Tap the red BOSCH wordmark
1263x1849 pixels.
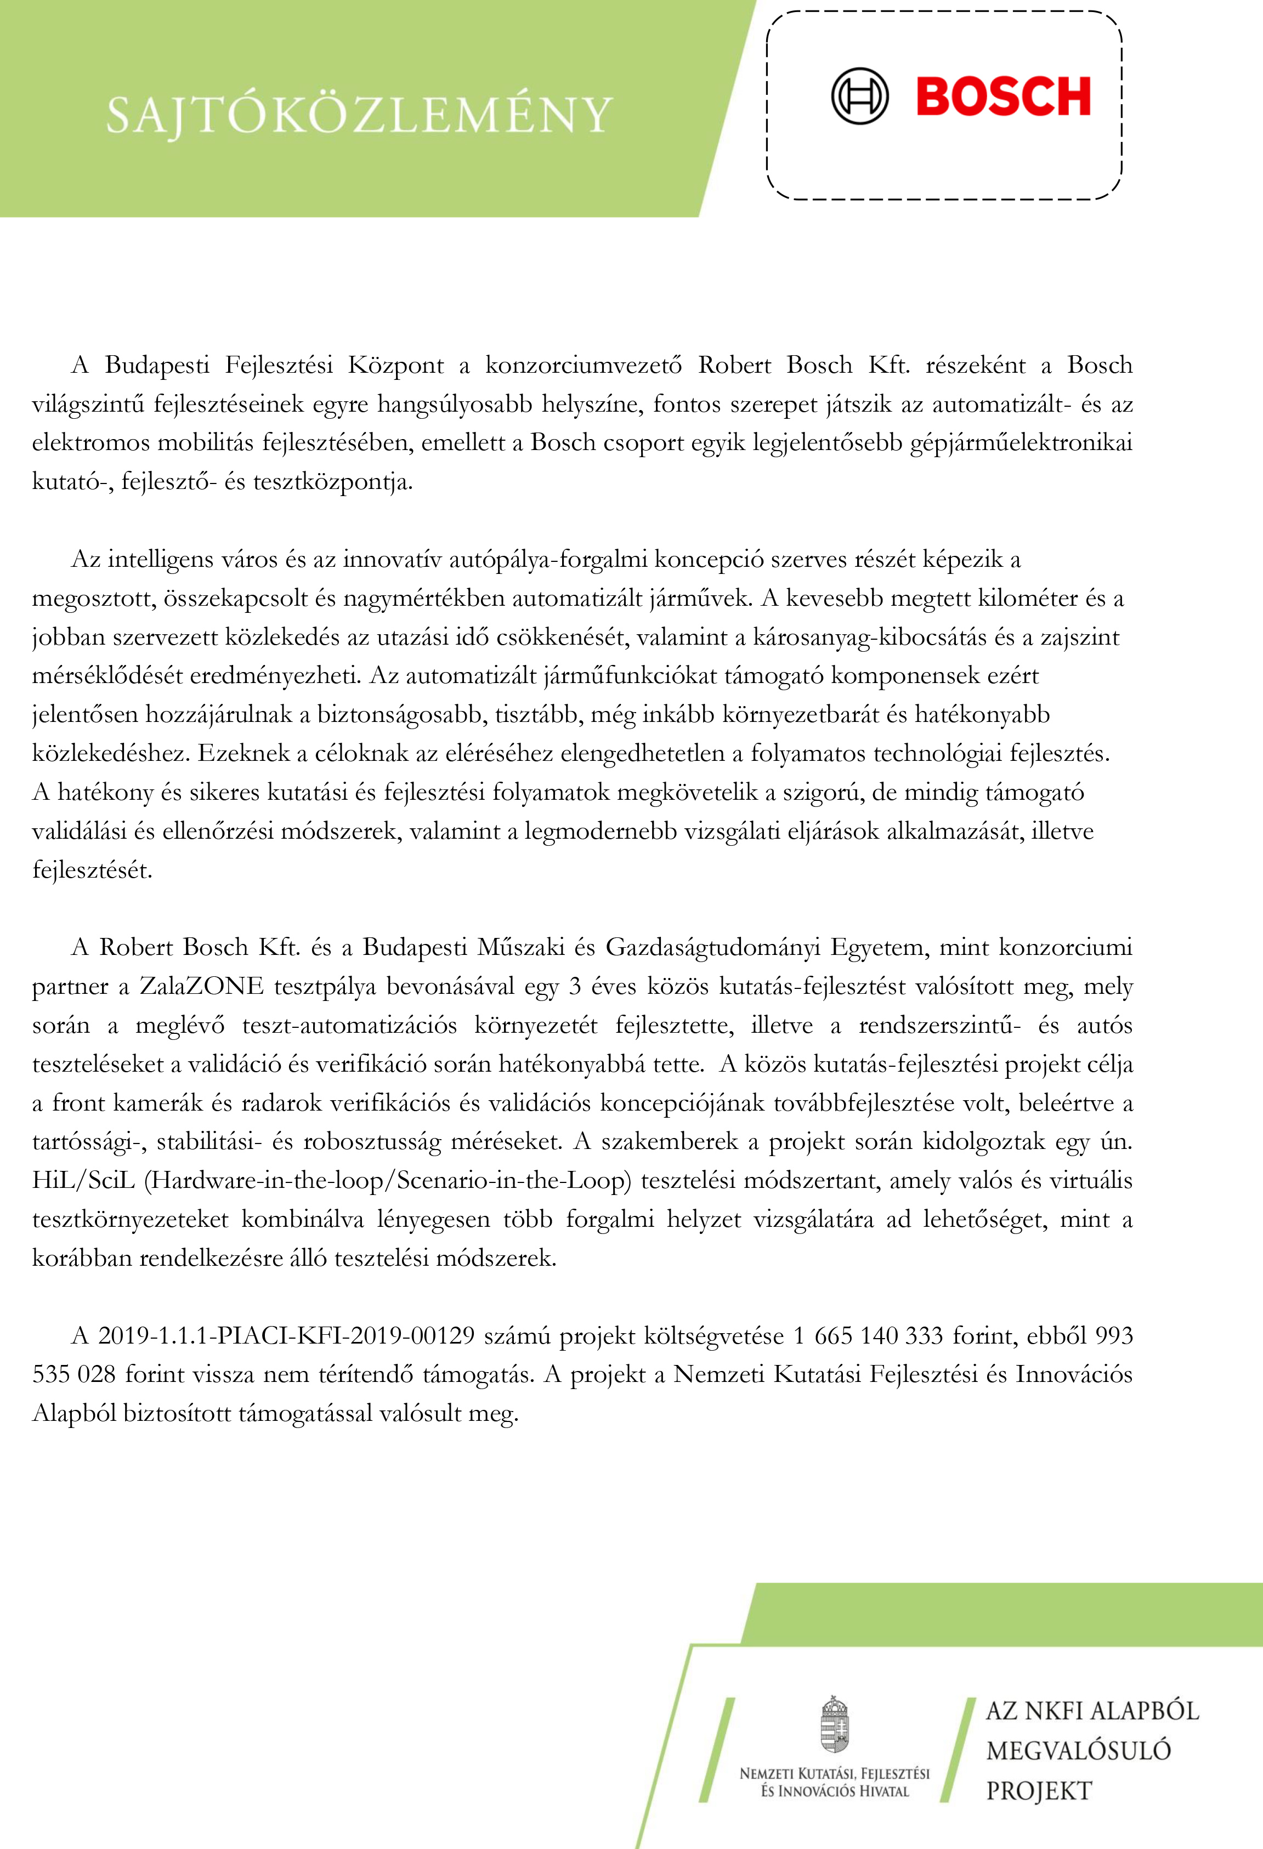(1003, 97)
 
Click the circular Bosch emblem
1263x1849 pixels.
(859, 96)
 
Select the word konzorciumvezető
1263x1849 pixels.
(584, 365)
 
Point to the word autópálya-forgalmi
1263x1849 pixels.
(547, 560)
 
